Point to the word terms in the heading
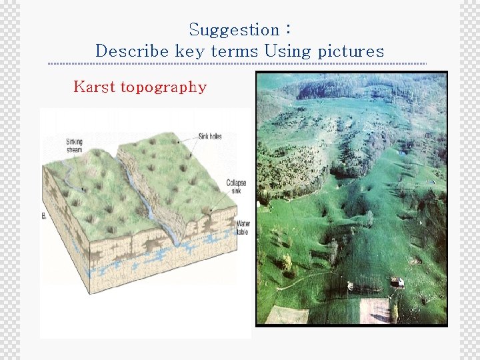234,51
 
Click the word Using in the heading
286,51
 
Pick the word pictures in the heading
351,51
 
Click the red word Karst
94,87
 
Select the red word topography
163,87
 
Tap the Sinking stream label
75,145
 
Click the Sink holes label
210,136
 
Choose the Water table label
245,227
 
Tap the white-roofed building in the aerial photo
397,282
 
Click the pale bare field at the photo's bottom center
375,311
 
